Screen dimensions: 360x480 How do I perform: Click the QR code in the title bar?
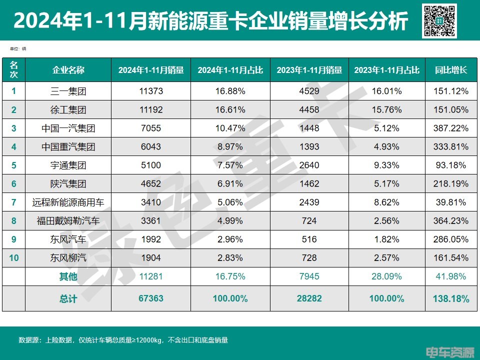tap(439, 21)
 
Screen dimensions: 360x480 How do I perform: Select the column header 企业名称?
tap(68, 70)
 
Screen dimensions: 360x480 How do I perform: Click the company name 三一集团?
tap(68, 91)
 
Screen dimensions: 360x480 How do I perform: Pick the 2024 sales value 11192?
tap(151, 110)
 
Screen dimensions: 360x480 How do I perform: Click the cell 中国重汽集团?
tap(68, 147)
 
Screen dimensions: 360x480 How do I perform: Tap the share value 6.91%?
tap(230, 184)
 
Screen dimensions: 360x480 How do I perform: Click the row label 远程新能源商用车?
tap(68, 202)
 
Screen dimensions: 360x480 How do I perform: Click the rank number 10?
tap(14, 258)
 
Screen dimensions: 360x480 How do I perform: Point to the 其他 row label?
tap(68, 276)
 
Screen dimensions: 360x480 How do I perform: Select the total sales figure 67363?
tap(151, 298)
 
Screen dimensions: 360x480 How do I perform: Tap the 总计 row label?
tap(68, 298)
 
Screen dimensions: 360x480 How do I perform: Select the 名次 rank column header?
tap(14, 70)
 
